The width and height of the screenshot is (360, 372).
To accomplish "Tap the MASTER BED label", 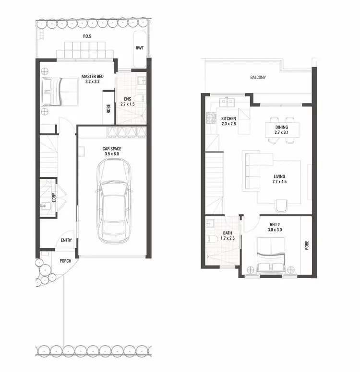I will pyautogui.click(x=92, y=76).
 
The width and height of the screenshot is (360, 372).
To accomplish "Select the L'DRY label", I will pyautogui.click(x=54, y=198).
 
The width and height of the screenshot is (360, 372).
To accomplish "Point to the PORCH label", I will pyautogui.click(x=65, y=261).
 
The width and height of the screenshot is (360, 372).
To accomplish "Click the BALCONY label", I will pyautogui.click(x=258, y=77).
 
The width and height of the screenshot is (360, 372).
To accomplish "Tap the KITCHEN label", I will pyautogui.click(x=229, y=118).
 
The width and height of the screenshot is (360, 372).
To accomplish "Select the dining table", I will pyautogui.click(x=282, y=129).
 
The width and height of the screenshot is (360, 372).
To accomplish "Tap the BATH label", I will pyautogui.click(x=227, y=234).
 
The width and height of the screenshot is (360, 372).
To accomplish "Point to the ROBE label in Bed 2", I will pyautogui.click(x=306, y=245).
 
